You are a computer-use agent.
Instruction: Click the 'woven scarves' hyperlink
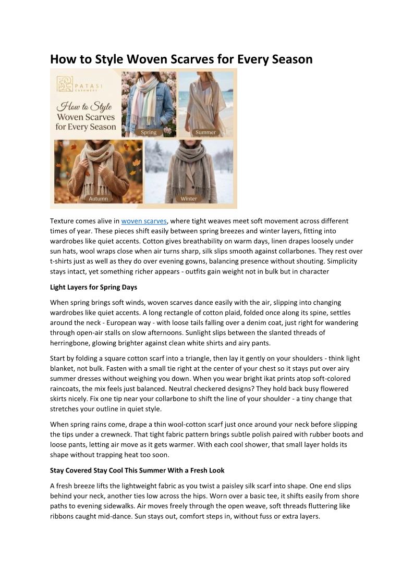(x=144, y=221)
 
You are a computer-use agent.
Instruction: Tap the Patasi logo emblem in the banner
(x=65, y=84)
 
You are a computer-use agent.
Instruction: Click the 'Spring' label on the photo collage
(x=149, y=132)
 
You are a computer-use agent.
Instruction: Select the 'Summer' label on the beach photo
(x=205, y=132)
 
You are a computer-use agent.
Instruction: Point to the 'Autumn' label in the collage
(x=98, y=198)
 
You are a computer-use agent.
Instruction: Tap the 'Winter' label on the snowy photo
(x=189, y=198)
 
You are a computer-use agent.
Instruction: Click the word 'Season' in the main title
(x=289, y=59)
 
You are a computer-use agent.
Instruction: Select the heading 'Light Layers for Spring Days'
(x=93, y=287)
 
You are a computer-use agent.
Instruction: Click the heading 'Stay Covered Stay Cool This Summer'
(x=137, y=470)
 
